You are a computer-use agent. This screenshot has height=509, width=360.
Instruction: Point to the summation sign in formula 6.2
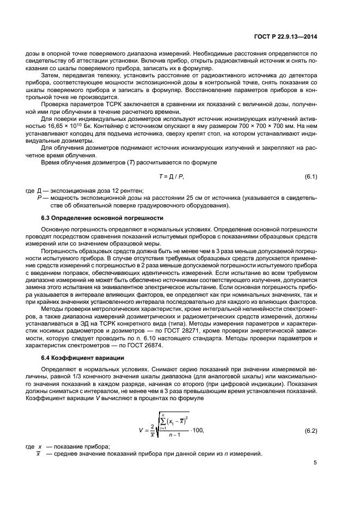pyautogui.click(x=154, y=424)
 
